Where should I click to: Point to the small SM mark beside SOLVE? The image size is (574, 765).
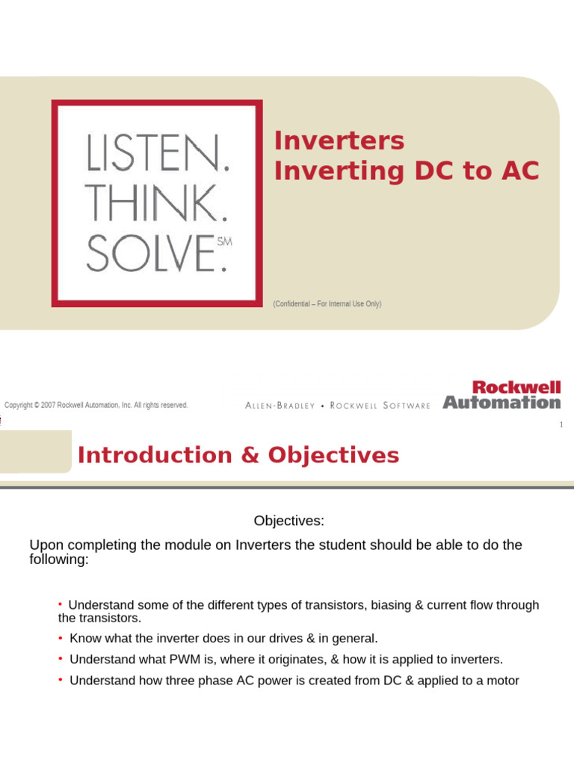224,241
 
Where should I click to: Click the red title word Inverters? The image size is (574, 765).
339,140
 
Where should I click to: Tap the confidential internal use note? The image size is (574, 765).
327,304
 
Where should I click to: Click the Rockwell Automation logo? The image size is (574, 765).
502,395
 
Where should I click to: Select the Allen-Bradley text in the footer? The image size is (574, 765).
280,406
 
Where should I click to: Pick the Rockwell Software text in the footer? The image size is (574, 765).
380,406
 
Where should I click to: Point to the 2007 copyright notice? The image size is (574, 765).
96,405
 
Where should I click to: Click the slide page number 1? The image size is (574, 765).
561,425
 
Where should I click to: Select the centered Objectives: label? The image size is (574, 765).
288,520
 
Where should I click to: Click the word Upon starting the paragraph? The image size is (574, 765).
44,545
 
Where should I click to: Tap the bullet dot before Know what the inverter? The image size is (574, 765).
60,638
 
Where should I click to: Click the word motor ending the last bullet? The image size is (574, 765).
502,681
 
